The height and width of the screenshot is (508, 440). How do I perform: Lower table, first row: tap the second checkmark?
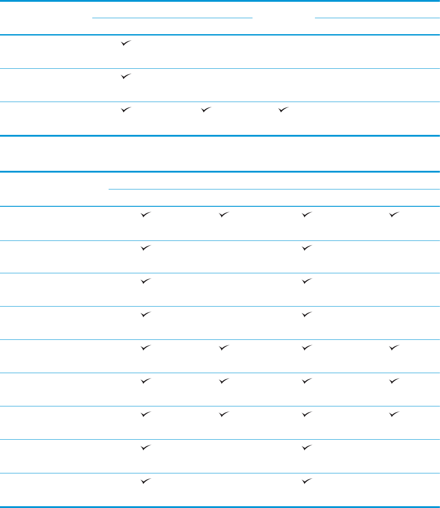click(x=224, y=215)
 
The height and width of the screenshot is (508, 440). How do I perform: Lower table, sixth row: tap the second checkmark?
click(x=224, y=381)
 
